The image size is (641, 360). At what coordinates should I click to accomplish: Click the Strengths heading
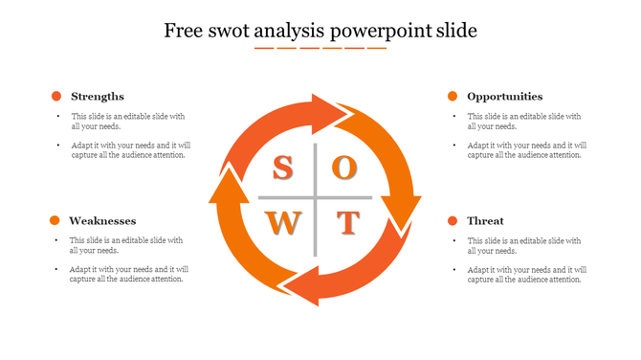(x=98, y=96)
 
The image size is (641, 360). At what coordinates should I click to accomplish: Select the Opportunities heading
(x=504, y=96)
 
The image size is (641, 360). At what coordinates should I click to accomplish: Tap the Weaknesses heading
(x=102, y=220)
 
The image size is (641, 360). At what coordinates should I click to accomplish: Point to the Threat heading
(x=485, y=220)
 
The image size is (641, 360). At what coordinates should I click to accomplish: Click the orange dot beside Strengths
(x=56, y=96)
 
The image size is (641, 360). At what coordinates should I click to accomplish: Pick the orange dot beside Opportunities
(x=453, y=96)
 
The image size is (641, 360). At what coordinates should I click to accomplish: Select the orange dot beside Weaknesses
(x=56, y=220)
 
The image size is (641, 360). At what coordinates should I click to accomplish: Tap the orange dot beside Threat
(x=453, y=220)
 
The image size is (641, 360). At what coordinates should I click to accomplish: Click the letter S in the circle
(x=282, y=169)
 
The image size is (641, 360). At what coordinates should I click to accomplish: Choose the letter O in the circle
(x=345, y=168)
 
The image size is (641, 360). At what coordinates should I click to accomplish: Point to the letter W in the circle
(x=282, y=224)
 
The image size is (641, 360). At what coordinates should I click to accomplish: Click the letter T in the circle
(x=346, y=224)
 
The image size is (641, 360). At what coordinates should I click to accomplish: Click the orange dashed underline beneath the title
(x=320, y=48)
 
